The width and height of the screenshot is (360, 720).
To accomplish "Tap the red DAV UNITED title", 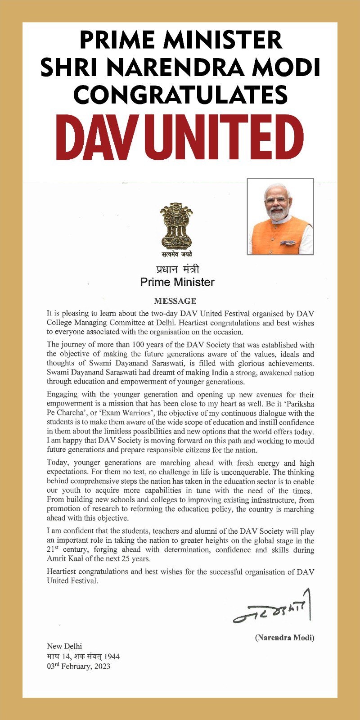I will point(180,138).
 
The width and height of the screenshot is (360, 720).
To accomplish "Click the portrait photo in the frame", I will point(280,216).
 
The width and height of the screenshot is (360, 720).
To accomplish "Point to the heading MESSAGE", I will point(175,301).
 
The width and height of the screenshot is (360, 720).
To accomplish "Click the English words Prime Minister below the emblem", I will point(177,282).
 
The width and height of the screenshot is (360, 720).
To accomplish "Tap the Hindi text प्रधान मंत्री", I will point(177,270).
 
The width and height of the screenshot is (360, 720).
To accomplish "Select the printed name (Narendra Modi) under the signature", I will point(284,638).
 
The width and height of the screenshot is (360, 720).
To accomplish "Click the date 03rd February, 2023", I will point(78,666).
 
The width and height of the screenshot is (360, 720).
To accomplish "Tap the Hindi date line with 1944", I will point(83,657).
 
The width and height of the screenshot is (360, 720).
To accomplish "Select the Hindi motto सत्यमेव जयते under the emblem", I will point(177,255).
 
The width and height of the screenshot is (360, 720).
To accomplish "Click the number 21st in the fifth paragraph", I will point(53,550).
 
